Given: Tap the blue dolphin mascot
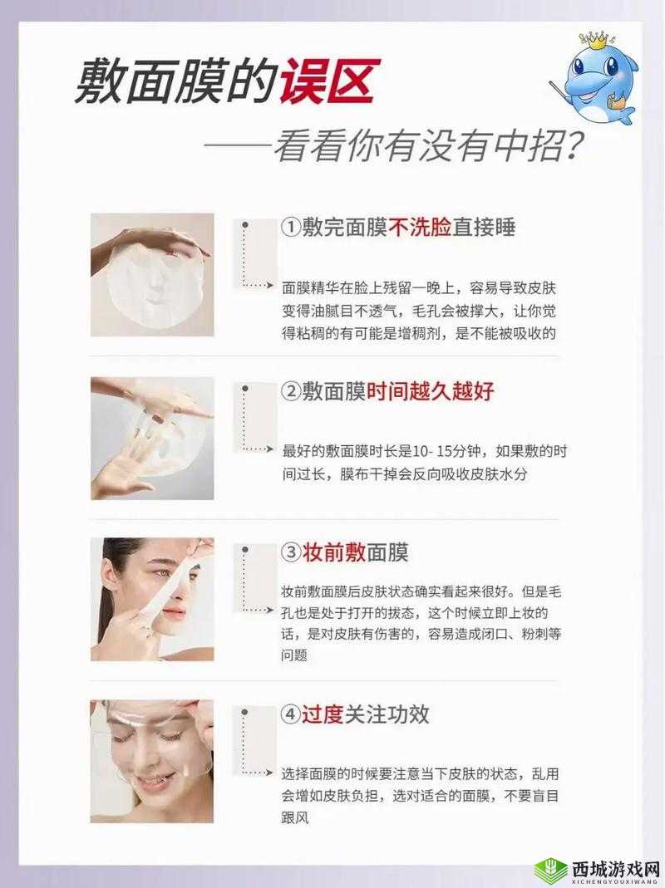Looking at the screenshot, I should [597, 79].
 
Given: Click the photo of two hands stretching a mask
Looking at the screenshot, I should [152, 438].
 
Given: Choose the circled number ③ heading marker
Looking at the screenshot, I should [291, 552].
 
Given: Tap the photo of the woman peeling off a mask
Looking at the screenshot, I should [152, 599].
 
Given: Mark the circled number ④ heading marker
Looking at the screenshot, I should [291, 714].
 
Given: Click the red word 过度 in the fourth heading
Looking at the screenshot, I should [323, 714].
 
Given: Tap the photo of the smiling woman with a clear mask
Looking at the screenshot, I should [152, 761].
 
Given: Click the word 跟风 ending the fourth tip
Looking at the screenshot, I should [295, 817].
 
